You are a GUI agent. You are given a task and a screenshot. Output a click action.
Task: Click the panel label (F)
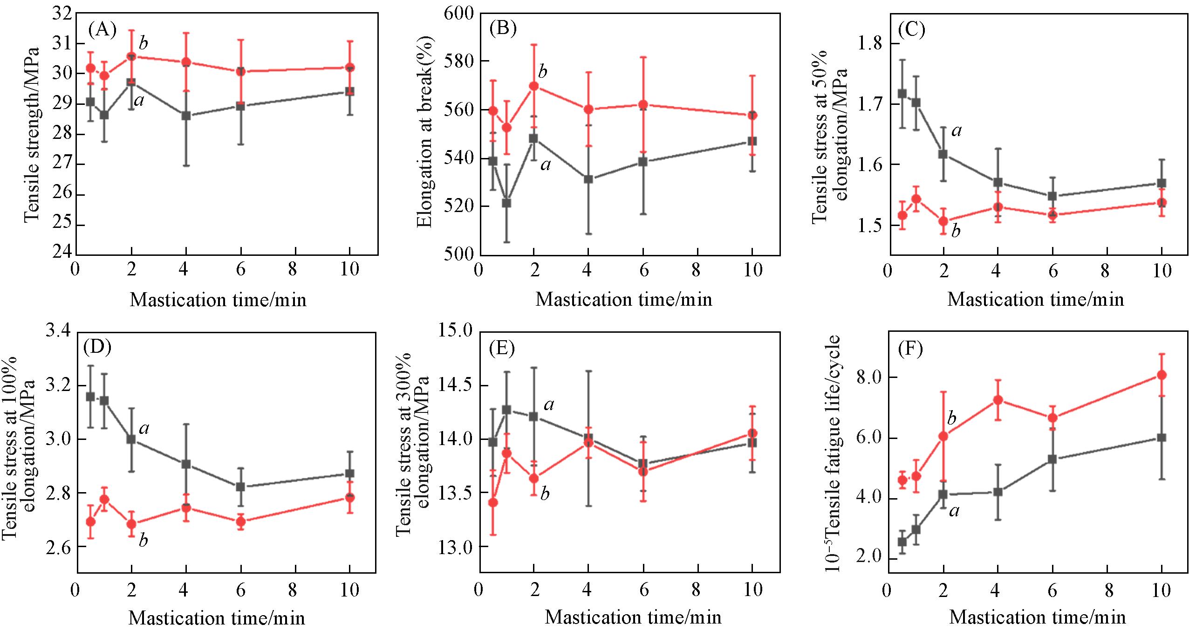pos(910,350)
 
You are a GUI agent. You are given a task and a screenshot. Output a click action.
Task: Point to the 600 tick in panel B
pos(458,13)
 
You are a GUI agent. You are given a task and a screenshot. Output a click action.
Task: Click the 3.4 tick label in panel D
pos(59,332)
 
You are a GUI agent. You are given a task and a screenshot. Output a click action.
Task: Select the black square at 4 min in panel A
pos(186,116)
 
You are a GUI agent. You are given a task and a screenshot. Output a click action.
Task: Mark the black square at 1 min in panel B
pos(506,203)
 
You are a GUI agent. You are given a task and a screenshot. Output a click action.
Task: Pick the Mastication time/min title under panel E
pos(633,617)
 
